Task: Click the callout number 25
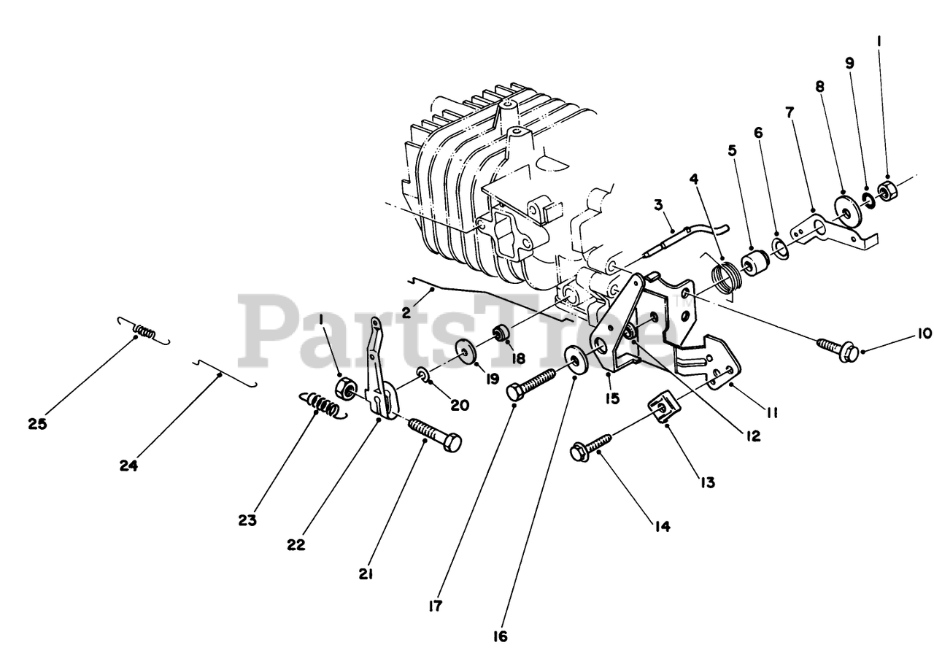37,424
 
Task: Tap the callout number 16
499,636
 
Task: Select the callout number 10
904,333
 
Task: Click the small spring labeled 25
144,332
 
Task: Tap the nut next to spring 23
346,386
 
